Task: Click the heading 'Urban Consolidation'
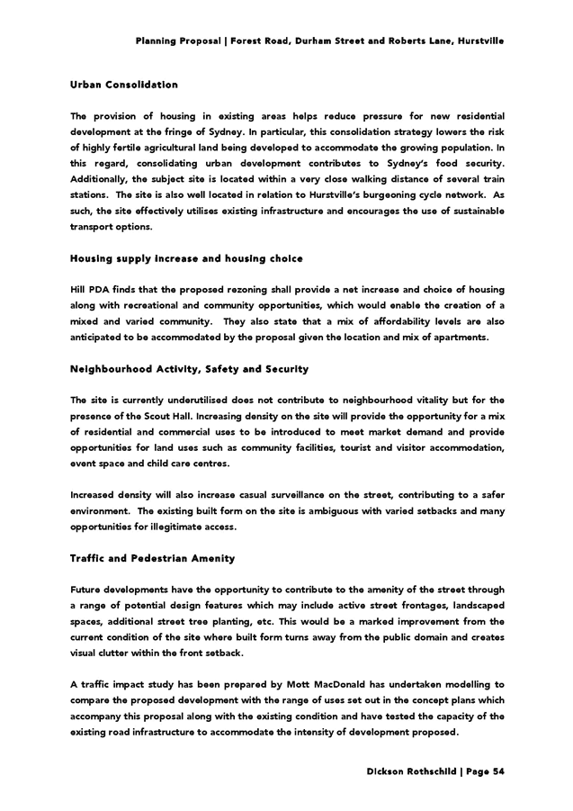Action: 124,85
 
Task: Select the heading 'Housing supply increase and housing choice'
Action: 186,258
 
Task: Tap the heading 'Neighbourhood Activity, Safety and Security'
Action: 189,369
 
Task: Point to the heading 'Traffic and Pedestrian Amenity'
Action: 152,558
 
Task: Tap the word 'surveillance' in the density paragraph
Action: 322,495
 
